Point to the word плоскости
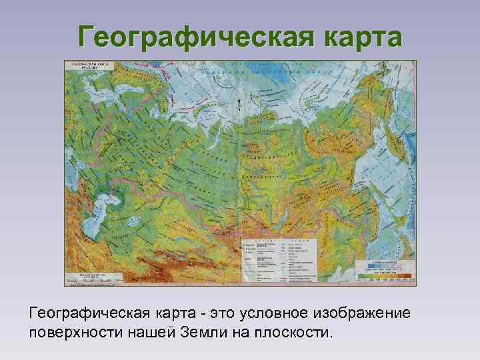[293, 332]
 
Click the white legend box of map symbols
[279, 260]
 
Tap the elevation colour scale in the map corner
[385, 271]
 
